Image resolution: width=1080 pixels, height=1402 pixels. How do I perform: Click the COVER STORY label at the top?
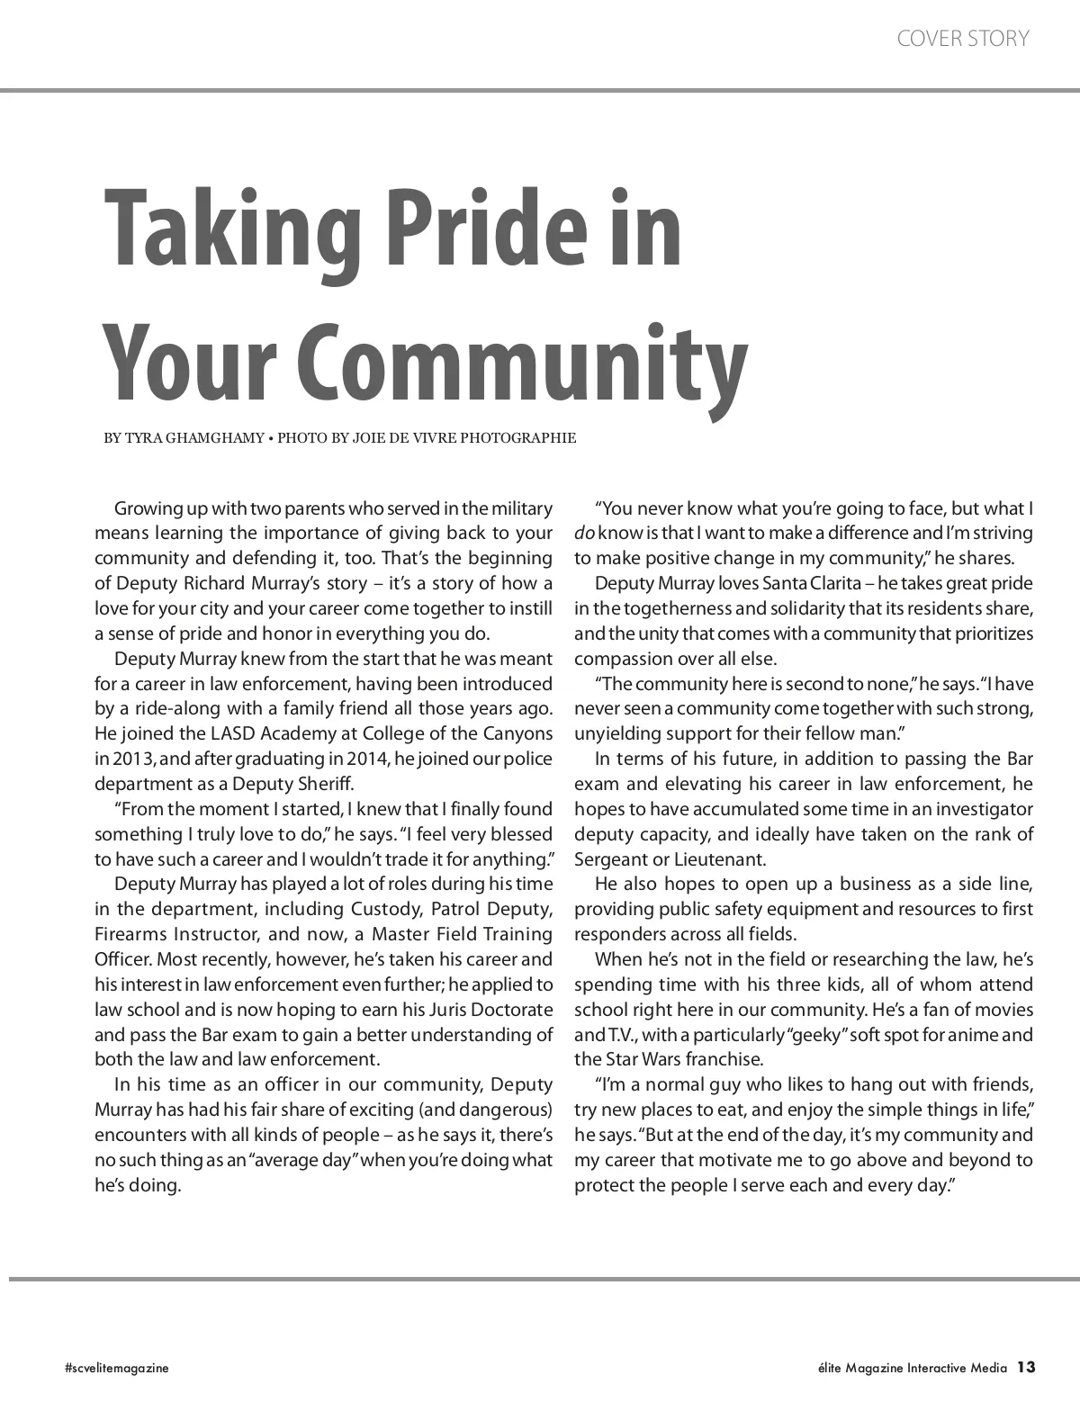(x=963, y=39)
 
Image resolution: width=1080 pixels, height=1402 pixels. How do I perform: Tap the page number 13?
(x=1027, y=1367)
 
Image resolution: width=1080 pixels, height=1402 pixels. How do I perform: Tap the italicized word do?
(x=583, y=534)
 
